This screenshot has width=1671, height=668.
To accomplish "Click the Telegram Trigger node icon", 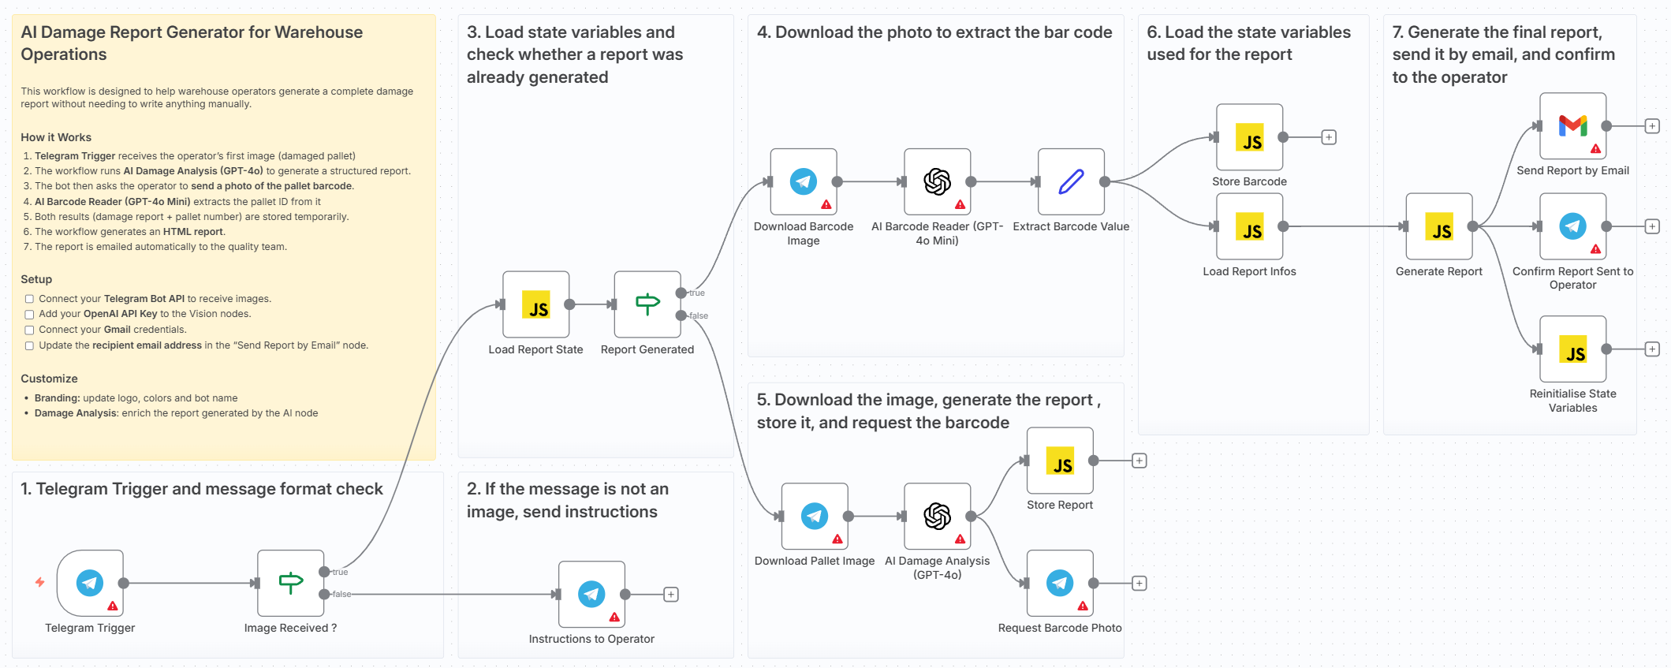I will [x=90, y=583].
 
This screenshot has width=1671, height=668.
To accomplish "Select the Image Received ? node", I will [x=290, y=583].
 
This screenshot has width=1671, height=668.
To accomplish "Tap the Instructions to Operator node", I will [x=591, y=594].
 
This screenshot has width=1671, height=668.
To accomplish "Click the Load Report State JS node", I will [x=536, y=304].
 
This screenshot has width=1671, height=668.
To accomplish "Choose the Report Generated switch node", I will [x=647, y=304].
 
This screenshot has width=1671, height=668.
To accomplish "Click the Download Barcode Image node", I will [x=803, y=181].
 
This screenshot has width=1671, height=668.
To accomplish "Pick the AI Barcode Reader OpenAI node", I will [x=937, y=181].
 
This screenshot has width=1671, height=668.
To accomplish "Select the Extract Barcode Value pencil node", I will [x=1071, y=181].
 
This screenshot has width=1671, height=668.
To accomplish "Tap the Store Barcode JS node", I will [x=1249, y=137].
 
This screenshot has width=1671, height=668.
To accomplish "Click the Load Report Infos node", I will [x=1249, y=226].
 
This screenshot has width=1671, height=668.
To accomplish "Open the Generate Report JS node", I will [x=1439, y=226].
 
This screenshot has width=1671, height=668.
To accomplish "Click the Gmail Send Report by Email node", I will [x=1572, y=126].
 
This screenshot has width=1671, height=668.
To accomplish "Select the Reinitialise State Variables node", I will [x=1572, y=349].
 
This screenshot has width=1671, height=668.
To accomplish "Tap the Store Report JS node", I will [x=1060, y=461].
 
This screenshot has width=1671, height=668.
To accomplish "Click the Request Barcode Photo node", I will [x=1060, y=583].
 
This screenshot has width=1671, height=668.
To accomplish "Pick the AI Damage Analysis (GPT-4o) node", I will [x=937, y=517].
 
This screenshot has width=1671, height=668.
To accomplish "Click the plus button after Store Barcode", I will [x=1329, y=137].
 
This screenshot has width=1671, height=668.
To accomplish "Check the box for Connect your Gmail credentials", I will [x=29, y=330].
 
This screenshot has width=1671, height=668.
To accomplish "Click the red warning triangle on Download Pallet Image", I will [x=837, y=539].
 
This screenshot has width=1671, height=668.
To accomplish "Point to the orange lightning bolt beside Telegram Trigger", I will [x=39, y=582].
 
